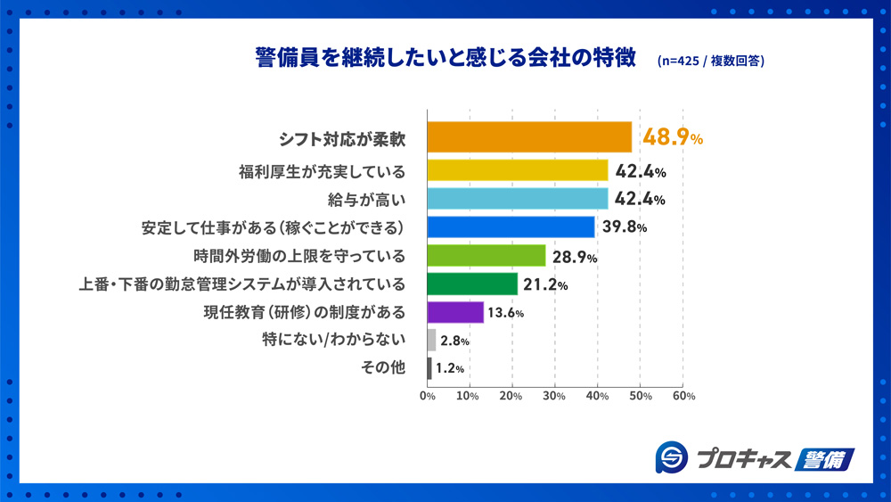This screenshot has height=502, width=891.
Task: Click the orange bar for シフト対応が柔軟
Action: (x=529, y=138)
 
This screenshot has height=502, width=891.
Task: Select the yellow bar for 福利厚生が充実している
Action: (x=518, y=170)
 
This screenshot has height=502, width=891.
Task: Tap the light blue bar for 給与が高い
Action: (x=518, y=199)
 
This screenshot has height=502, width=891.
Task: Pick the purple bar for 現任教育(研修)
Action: (x=455, y=312)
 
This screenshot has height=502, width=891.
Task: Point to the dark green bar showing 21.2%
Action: (x=472, y=284)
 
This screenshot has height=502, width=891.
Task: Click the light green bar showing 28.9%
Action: (x=486, y=256)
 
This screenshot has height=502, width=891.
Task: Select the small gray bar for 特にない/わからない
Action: (x=432, y=340)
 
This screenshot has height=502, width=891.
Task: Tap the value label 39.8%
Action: (x=624, y=227)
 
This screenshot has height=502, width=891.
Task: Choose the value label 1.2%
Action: (x=450, y=368)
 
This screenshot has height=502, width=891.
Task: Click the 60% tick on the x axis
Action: (x=683, y=395)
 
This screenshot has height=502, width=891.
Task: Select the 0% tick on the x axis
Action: (x=428, y=395)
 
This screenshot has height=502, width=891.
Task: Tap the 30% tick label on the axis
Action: (x=555, y=395)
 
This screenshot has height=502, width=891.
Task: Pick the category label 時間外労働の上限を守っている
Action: (x=299, y=256)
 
